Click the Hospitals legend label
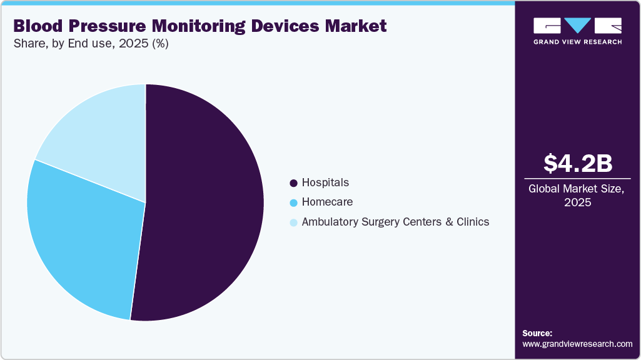pos(325,182)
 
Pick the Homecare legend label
pos(327,202)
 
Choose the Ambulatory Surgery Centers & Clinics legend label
pos(395,221)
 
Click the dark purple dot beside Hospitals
pos(293,183)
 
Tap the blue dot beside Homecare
pos(293,202)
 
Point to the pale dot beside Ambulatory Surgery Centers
pos(293,222)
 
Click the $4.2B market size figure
pos(577,163)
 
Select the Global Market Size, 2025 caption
pos(577,195)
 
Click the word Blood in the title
pos(38,26)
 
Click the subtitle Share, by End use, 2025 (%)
pos(91,44)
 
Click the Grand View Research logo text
pos(577,42)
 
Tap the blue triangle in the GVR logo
pos(577,26)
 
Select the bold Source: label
pos(537,333)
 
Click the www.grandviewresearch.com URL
pos(577,344)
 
